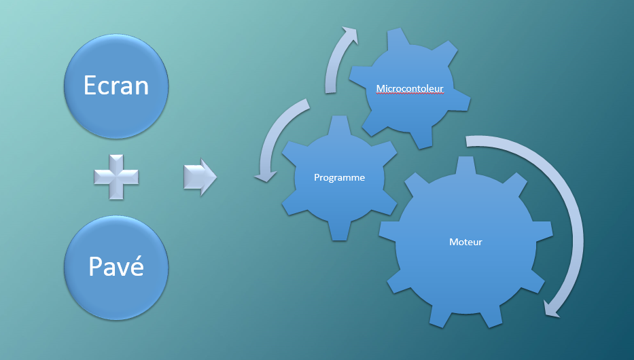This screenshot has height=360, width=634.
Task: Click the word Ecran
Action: click(x=116, y=85)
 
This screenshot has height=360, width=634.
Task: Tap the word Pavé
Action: click(x=116, y=266)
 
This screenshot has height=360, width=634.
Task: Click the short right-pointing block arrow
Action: click(x=200, y=178)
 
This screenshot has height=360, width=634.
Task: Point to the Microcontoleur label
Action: click(x=410, y=88)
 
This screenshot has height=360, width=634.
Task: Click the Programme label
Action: click(x=339, y=178)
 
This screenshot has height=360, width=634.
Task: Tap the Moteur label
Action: click(x=465, y=242)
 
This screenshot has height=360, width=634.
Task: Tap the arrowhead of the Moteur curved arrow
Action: click(x=554, y=309)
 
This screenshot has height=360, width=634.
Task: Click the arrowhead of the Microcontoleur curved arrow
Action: click(x=350, y=35)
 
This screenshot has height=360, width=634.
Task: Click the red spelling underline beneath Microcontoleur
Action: click(x=410, y=94)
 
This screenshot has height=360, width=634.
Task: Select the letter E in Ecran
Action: click(x=90, y=85)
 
